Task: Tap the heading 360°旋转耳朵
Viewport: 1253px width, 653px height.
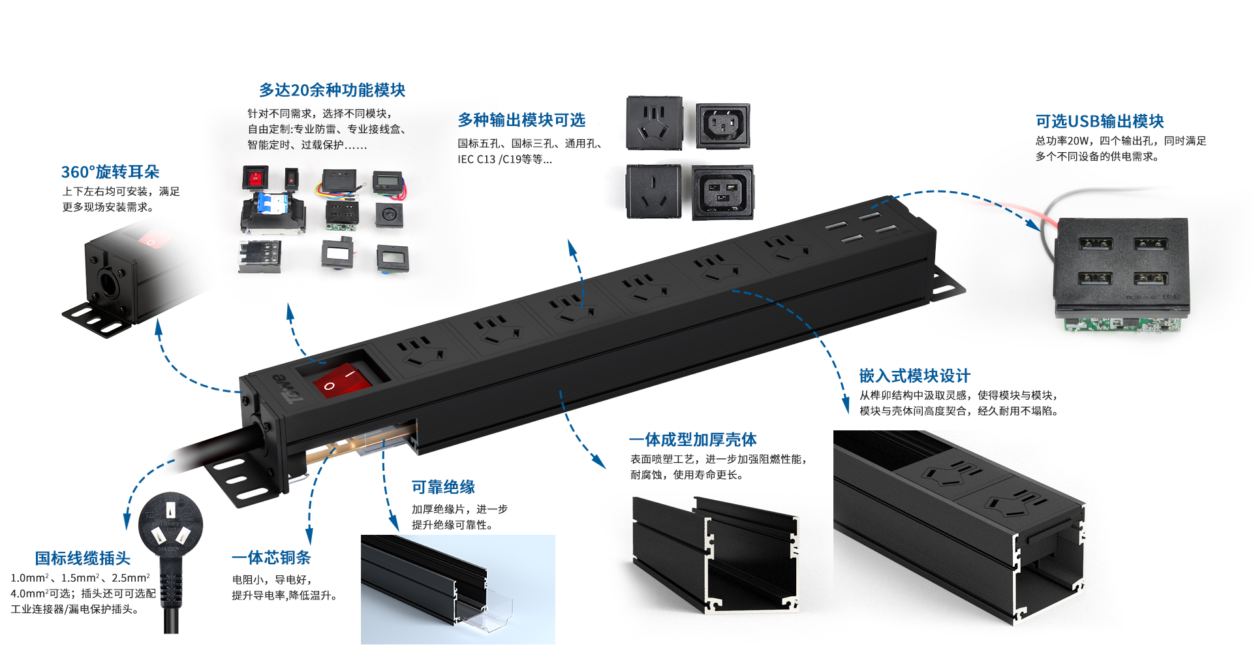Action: (x=110, y=172)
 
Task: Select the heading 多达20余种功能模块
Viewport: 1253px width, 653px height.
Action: (x=332, y=90)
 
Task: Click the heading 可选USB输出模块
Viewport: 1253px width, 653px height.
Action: (x=1100, y=121)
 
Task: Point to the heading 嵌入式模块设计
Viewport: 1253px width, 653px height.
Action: (x=915, y=376)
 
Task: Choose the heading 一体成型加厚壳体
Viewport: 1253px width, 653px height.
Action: (x=693, y=439)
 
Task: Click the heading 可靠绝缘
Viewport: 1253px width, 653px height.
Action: (x=443, y=487)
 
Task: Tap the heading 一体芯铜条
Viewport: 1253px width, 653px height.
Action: (x=271, y=558)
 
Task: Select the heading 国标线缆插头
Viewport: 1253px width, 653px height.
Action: (x=83, y=558)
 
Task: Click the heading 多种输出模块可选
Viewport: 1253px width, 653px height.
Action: (x=521, y=120)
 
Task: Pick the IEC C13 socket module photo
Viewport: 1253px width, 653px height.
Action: (x=722, y=125)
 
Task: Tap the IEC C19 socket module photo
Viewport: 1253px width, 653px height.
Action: (x=722, y=192)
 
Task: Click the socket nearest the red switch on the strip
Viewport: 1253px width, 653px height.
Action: (x=422, y=352)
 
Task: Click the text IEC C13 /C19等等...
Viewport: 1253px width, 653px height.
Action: (x=504, y=159)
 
